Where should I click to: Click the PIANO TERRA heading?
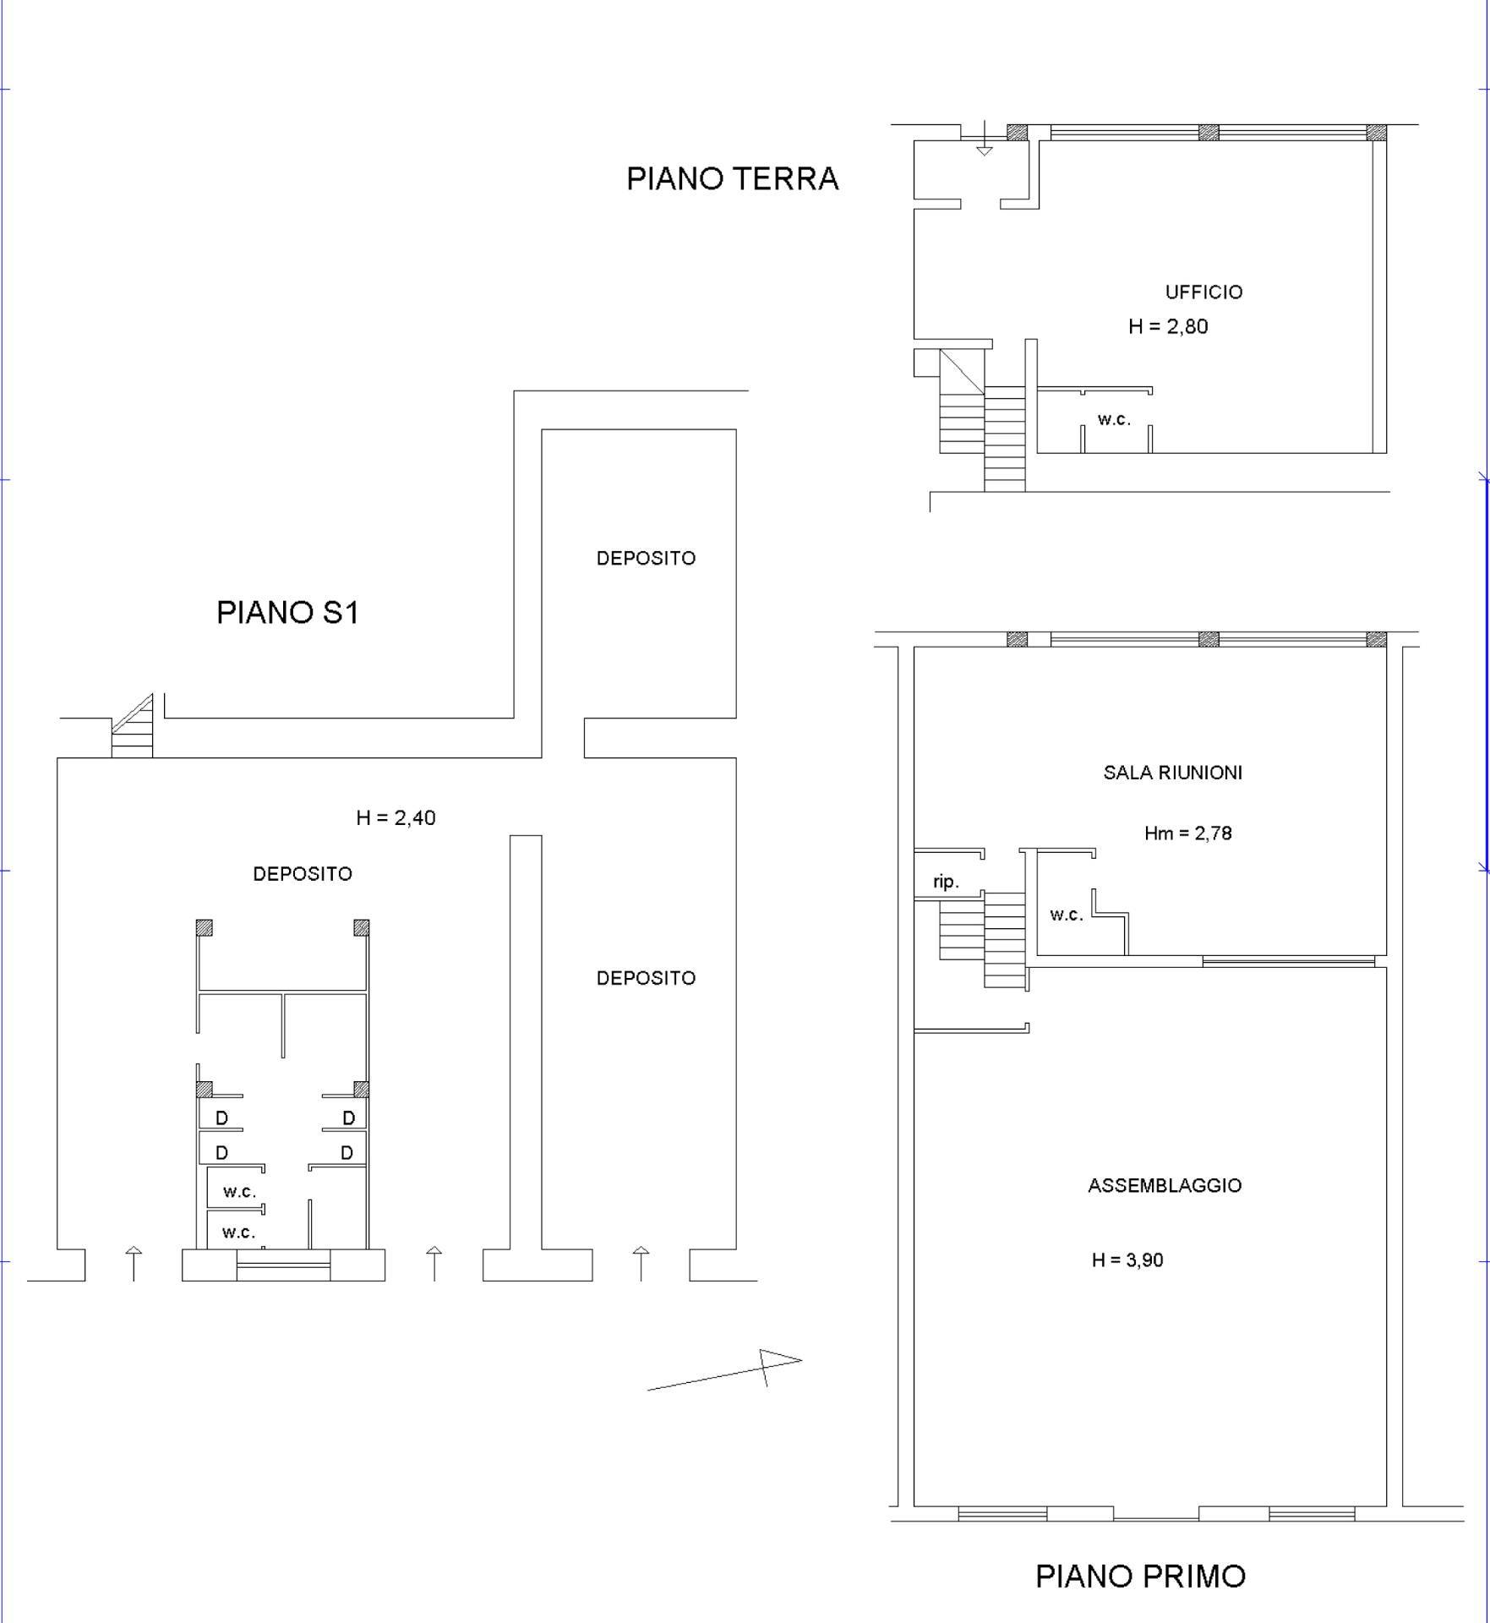[732, 179]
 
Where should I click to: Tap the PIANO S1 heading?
[288, 613]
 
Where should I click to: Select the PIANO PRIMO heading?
[1140, 1577]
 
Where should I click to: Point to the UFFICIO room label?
[1203, 292]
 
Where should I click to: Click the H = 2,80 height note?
[1168, 327]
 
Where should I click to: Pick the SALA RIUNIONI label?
[1173, 773]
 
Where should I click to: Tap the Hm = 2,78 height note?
[1187, 833]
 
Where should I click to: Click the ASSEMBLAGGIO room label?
[1165, 1186]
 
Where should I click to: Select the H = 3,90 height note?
[1127, 1260]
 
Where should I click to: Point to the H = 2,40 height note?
[396, 818]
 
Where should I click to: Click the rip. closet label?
[946, 883]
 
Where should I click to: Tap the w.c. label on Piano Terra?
[1114, 420]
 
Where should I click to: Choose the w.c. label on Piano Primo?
[1067, 915]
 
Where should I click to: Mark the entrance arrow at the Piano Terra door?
[984, 139]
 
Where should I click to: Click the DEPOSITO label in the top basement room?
[646, 559]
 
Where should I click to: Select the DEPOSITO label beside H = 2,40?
[303, 875]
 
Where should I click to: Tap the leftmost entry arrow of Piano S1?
[134, 1264]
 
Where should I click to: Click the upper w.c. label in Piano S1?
[239, 1193]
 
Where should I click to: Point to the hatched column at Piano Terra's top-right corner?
[1377, 133]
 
